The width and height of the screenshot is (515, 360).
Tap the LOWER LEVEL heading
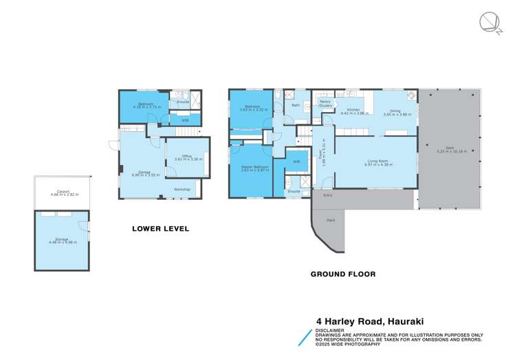point(160,228)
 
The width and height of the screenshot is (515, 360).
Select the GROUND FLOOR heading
point(343,273)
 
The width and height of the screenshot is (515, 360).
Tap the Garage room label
point(144,171)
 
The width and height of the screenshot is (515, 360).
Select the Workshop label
point(182,189)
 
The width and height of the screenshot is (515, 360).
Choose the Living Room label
point(375,161)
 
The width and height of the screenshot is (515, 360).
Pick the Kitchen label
point(353,109)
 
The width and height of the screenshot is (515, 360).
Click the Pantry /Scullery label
point(325,104)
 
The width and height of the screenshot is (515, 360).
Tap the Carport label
point(64,192)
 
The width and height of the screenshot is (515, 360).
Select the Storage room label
point(61,239)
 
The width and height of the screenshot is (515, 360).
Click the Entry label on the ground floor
point(327,195)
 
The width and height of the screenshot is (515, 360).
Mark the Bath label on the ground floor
point(296,105)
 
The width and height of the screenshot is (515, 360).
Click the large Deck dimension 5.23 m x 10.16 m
point(450,152)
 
